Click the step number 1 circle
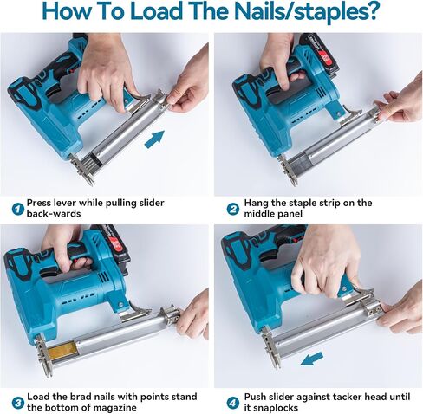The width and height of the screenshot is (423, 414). point(17,209)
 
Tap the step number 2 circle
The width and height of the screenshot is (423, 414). point(232,209)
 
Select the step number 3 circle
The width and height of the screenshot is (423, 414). point(18,403)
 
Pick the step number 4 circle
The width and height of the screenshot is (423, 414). point(232,403)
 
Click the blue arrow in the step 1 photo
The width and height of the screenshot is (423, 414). point(154,139)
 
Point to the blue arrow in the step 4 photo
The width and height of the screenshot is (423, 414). point(311,359)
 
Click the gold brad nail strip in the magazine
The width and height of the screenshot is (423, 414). point(62,350)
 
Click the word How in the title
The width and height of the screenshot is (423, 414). point(63,11)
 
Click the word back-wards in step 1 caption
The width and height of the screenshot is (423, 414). point(54,214)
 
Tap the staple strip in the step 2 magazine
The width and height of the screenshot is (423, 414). point(301,167)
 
